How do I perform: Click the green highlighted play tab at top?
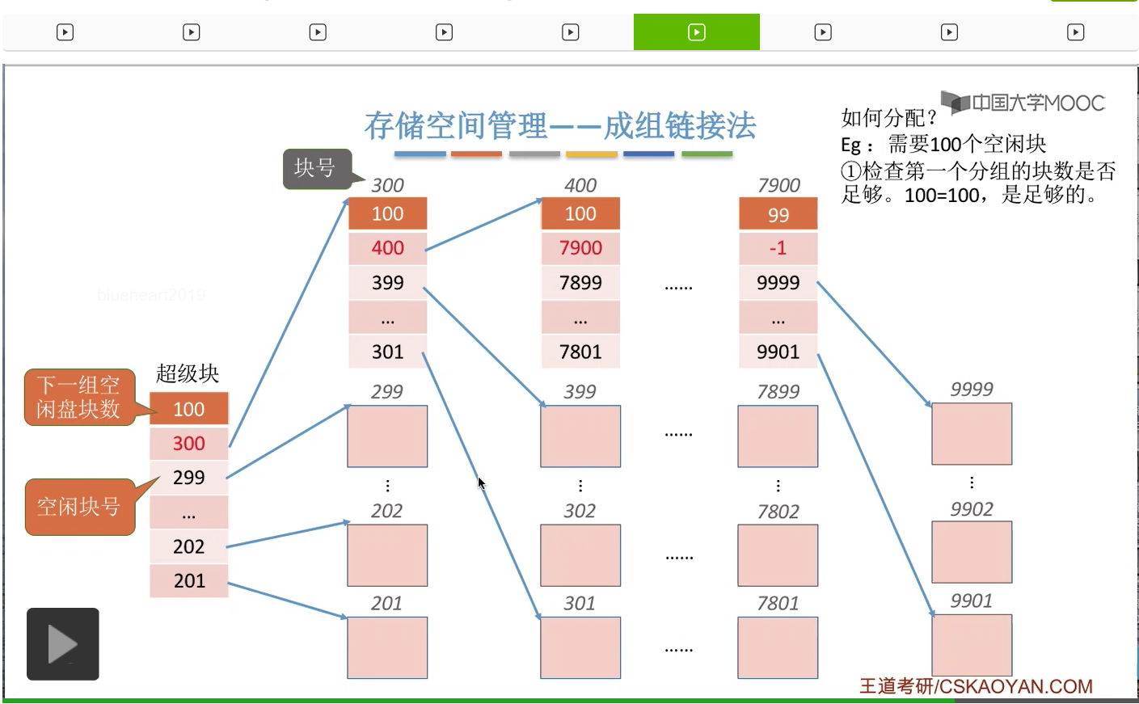coord(696,32)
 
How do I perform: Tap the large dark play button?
coord(62,644)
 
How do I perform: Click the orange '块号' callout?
coord(316,168)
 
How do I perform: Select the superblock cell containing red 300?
coord(188,443)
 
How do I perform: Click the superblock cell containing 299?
coord(188,478)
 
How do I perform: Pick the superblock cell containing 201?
coord(188,580)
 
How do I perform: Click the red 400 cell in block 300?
coord(387,248)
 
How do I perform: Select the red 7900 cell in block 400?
coord(580,248)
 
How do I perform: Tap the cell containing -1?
coord(778,248)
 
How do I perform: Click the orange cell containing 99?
coord(778,214)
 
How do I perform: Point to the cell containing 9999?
coord(778,283)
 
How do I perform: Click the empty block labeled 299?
coord(387,436)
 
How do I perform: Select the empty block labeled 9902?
coord(972,552)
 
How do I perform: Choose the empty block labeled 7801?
coord(778,647)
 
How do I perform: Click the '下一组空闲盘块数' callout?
coord(79,397)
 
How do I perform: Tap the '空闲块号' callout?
coord(79,507)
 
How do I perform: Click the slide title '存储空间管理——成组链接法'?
coord(560,126)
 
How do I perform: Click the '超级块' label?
coord(188,373)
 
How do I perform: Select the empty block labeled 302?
coord(580,555)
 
